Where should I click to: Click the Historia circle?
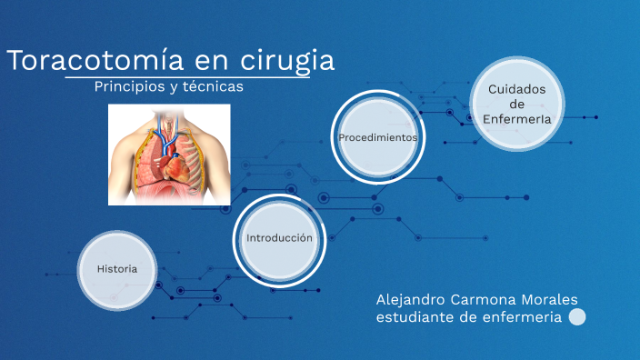click(x=117, y=269)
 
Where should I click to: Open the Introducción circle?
click(x=279, y=237)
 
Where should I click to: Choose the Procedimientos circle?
click(x=377, y=137)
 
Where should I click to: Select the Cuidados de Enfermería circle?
click(x=516, y=104)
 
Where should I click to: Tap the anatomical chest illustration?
click(x=169, y=155)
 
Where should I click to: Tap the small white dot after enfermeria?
click(x=576, y=317)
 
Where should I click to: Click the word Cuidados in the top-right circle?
click(x=516, y=89)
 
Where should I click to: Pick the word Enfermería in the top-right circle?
click(x=516, y=119)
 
